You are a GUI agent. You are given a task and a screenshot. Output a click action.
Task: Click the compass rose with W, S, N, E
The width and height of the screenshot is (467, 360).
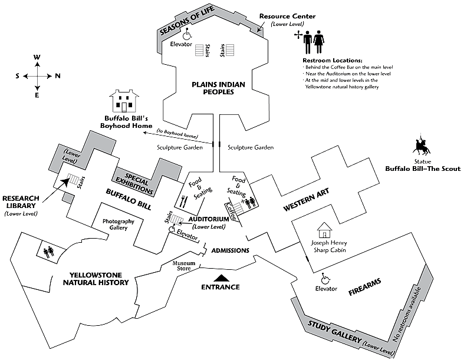(x=37, y=75)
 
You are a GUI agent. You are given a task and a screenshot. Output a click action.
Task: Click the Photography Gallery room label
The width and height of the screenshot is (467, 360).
(x=119, y=224)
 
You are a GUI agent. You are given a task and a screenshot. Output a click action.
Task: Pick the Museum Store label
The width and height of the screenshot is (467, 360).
(x=183, y=266)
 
